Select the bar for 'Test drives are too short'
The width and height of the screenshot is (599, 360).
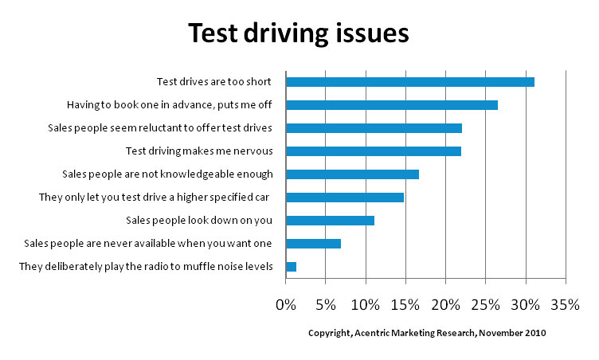[409, 82]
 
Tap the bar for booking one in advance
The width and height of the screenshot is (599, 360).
[391, 105]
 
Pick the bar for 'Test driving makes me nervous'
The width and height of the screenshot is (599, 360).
[373, 151]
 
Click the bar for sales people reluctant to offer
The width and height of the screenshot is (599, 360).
[374, 128]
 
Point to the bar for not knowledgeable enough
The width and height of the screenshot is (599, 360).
[352, 174]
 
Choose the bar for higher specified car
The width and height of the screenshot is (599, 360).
[344, 198]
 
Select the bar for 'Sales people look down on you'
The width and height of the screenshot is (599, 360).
[330, 221]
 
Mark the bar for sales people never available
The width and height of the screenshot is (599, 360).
[313, 244]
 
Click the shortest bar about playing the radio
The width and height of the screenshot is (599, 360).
[291, 267]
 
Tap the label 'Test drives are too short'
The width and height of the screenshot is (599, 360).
[214, 82]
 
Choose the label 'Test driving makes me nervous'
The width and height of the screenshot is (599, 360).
[199, 151]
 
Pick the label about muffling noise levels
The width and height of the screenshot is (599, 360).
[147, 267]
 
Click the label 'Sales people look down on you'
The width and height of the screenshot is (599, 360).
[199, 221]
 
